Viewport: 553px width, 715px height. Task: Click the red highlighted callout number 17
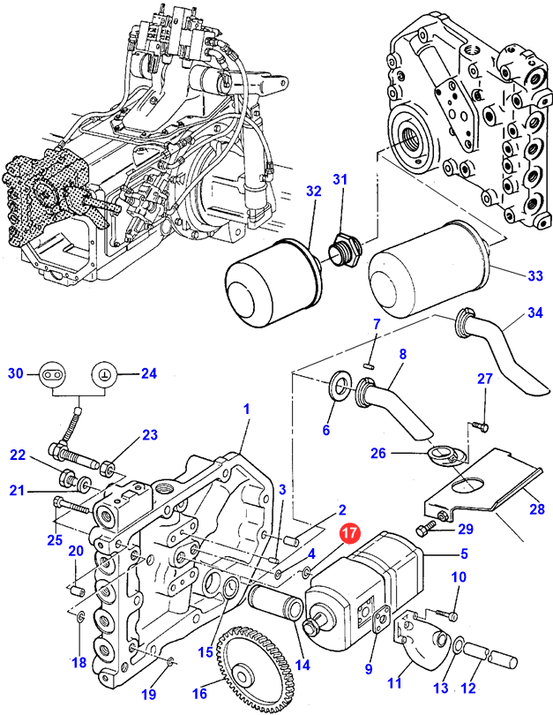tap(350, 534)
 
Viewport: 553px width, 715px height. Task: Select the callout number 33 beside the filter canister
tap(535, 276)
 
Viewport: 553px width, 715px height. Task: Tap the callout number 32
tap(313, 191)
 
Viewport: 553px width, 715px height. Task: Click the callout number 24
tap(148, 373)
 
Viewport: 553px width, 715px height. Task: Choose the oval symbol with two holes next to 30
tap(51, 374)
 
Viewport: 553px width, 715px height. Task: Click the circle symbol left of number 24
tap(104, 374)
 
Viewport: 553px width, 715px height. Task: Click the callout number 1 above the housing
tap(247, 410)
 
